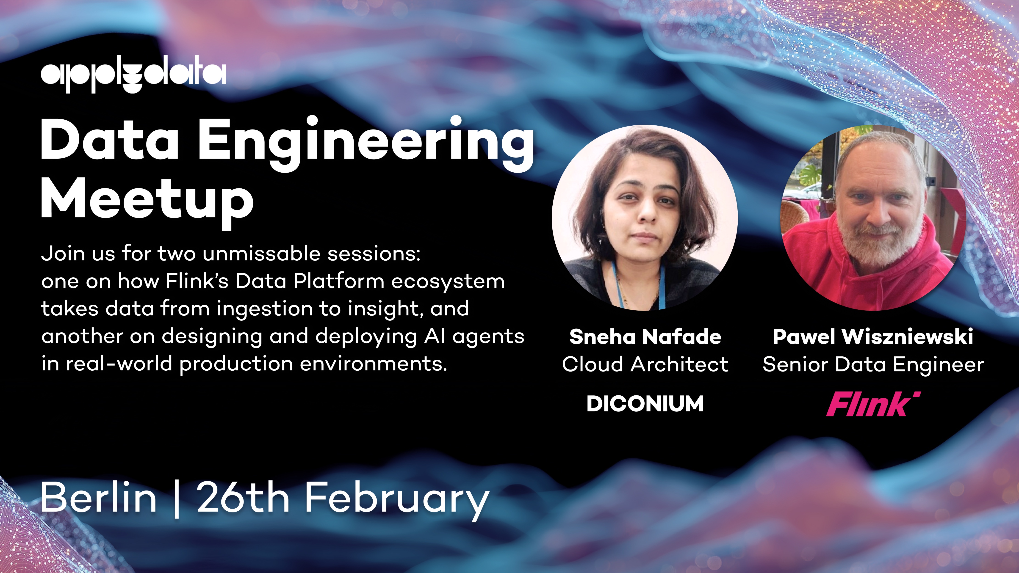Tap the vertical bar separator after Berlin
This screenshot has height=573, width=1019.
tap(176, 499)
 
